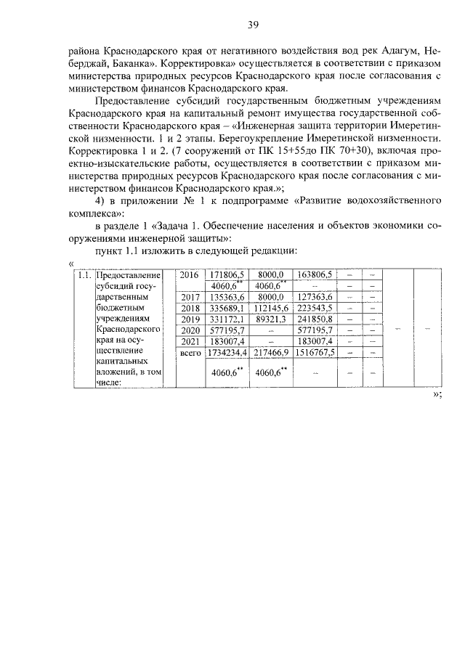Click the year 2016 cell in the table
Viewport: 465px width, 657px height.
pos(189,275)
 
